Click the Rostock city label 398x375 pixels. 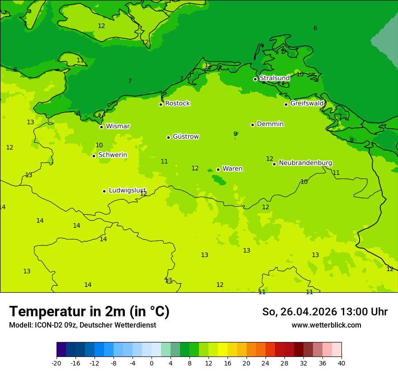(177, 103)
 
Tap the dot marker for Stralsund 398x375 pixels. (255, 79)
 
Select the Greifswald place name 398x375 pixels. (307, 103)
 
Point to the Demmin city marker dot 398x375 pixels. (252, 125)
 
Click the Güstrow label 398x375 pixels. (185, 136)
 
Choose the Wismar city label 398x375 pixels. (118, 126)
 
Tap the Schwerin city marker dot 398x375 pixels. (94, 156)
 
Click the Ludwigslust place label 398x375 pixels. (127, 190)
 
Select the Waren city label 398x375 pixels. (232, 169)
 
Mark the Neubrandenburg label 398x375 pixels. (305, 163)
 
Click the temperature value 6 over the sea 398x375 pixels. (315, 28)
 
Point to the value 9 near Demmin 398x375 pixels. (235, 134)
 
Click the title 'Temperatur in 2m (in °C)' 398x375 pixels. (89, 311)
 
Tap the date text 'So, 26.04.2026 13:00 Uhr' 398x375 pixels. (325, 312)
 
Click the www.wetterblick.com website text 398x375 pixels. (326, 325)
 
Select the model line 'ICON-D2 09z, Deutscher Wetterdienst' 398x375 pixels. (82, 325)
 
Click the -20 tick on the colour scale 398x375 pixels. (57, 363)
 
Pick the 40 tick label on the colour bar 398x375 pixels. (341, 363)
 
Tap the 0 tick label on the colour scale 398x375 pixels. (152, 363)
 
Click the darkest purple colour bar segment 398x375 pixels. (61, 350)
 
